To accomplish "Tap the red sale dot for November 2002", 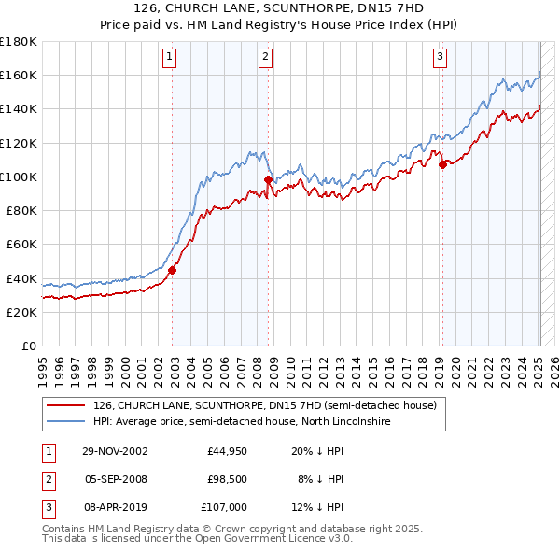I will point(173,271).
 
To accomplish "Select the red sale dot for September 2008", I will point(268,179).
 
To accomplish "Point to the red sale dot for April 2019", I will point(442,165).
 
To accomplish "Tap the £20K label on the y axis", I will point(21,313).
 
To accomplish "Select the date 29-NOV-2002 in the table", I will point(115,451).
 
